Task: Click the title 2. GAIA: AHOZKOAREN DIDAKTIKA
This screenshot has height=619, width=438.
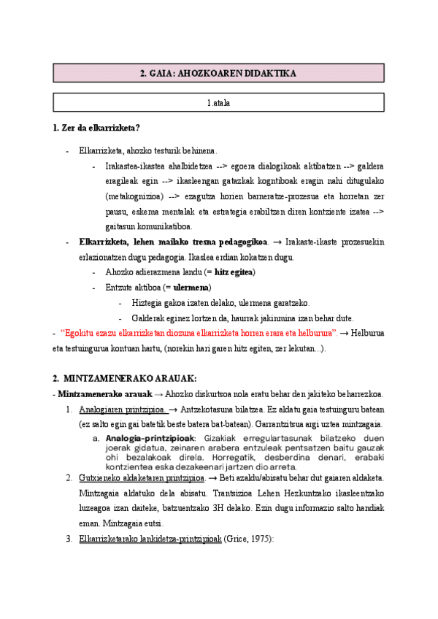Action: pyautogui.click(x=218, y=74)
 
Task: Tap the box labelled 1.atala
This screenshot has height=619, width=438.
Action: pyautogui.click(x=218, y=103)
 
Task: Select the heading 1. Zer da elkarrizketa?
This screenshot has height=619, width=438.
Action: pyautogui.click(x=96, y=129)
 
